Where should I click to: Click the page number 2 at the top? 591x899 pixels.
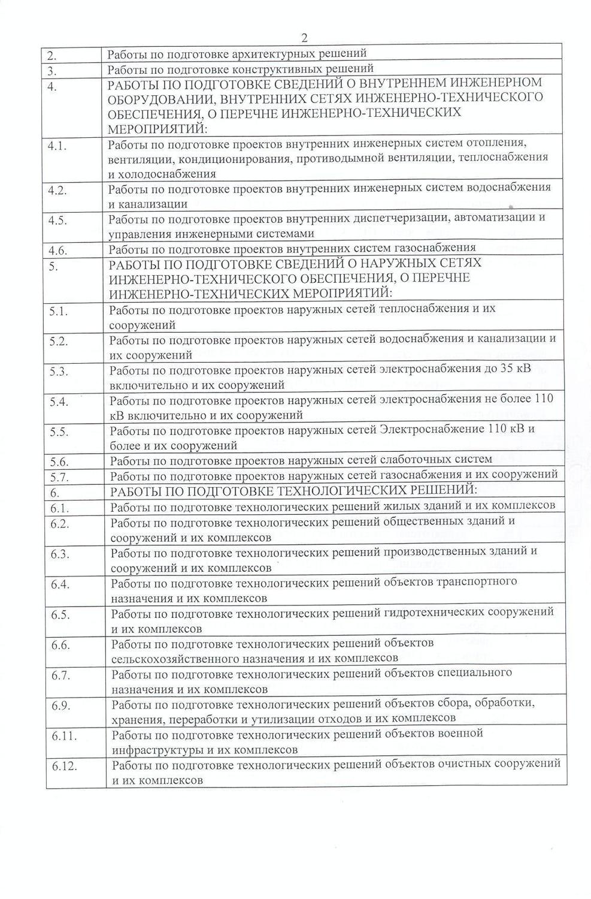tap(304, 38)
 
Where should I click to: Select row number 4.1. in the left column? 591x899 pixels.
tap(57, 146)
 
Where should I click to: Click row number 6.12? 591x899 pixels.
tap(64, 766)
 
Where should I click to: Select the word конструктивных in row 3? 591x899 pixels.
tap(277, 68)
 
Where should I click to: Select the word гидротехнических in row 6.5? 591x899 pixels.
tap(434, 613)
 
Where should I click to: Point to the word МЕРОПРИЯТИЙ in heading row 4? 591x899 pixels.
tap(156, 129)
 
